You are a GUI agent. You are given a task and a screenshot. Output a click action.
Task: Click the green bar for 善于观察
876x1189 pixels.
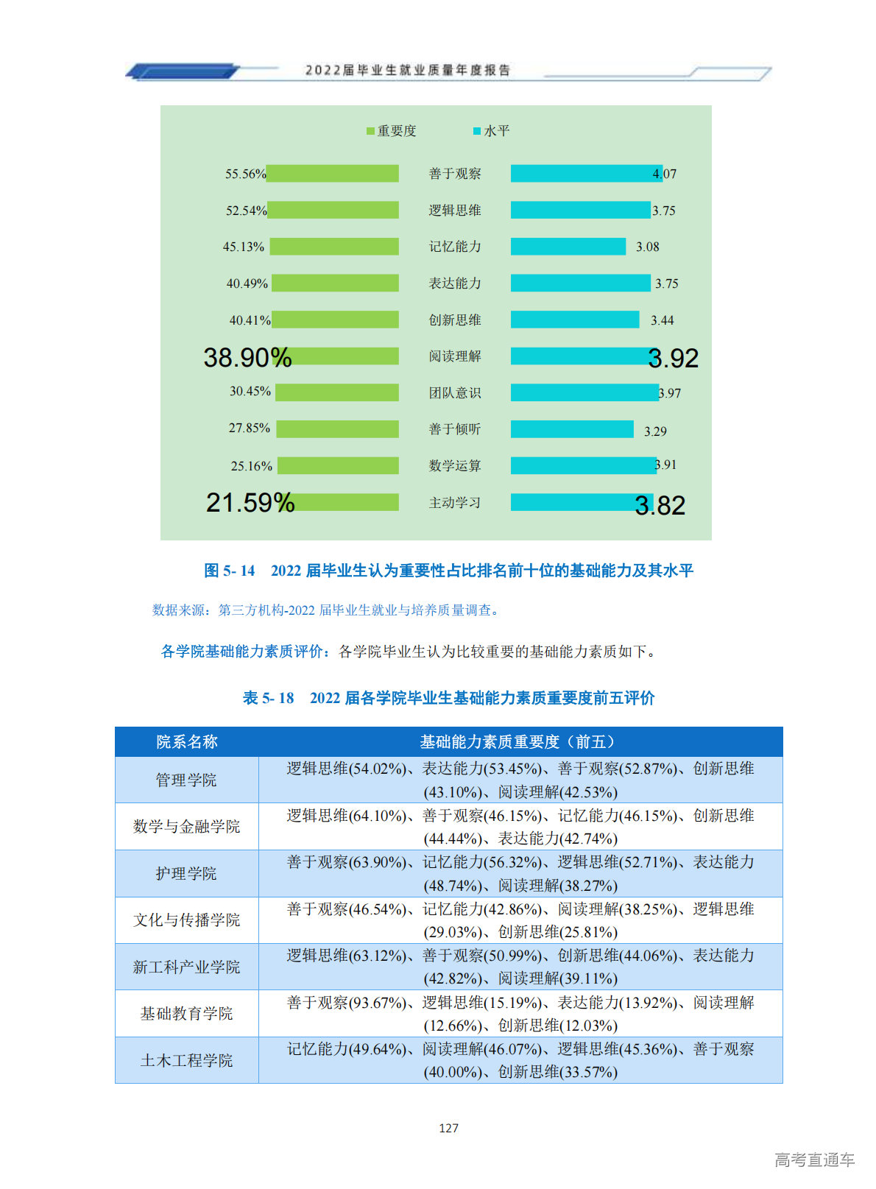332,174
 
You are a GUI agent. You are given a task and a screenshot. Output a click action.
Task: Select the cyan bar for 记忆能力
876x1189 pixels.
568,247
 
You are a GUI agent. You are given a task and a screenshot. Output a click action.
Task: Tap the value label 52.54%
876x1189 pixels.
246,211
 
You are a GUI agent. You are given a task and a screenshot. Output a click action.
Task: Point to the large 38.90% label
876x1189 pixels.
247,358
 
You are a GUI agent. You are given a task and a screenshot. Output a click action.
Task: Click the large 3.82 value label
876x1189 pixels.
660,505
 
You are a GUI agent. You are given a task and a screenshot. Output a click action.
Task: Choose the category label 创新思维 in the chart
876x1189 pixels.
455,320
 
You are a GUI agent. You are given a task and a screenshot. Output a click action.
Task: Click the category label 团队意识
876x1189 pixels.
455,393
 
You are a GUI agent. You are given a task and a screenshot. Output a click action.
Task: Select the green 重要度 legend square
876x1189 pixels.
370,131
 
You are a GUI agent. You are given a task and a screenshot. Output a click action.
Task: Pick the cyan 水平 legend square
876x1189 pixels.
477,131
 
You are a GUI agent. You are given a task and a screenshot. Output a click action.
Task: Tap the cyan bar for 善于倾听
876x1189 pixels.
572,429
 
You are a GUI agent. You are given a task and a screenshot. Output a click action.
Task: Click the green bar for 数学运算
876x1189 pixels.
338,465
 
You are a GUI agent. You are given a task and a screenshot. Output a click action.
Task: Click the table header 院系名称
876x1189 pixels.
187,742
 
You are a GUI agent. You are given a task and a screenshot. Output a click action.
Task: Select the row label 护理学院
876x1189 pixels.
186,873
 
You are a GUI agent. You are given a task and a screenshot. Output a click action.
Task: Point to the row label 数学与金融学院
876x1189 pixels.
186,826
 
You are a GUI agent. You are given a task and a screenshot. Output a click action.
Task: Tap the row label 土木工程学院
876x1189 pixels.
186,1060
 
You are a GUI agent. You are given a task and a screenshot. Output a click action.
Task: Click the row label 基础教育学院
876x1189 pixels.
186,1014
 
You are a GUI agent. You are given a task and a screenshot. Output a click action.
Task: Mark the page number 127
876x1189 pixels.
448,1128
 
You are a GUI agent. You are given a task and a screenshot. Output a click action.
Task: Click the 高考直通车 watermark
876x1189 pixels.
814,1160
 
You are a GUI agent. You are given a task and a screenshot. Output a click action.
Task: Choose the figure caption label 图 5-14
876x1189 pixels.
229,571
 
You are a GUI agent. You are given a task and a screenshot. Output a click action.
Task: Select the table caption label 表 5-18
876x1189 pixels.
268,698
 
